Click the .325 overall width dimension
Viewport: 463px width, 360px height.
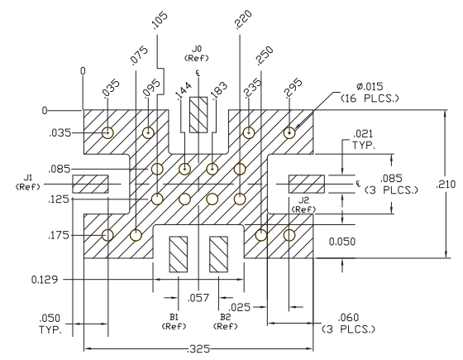(x=198, y=348)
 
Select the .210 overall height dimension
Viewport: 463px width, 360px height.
(x=446, y=185)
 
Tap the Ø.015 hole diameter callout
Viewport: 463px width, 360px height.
(x=370, y=92)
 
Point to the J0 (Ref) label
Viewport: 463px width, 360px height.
(x=197, y=53)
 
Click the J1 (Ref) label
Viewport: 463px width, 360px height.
(x=28, y=182)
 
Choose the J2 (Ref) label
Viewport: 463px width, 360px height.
(x=303, y=204)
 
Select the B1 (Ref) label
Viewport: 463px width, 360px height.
(x=174, y=322)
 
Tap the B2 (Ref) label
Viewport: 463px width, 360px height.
(x=225, y=322)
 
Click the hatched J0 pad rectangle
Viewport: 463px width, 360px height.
(x=198, y=115)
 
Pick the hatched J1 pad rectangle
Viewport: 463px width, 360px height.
(x=90, y=184)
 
